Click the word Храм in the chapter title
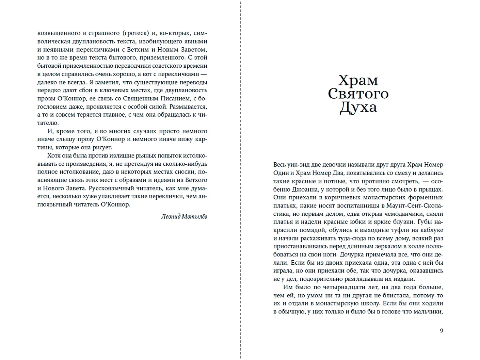pyautogui.click(x=358, y=80)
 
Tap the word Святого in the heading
pyautogui.click(x=358, y=94)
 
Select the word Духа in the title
pyautogui.click(x=358, y=108)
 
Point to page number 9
pyautogui.click(x=442, y=330)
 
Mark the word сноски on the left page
pyautogui.click(x=183, y=172)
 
